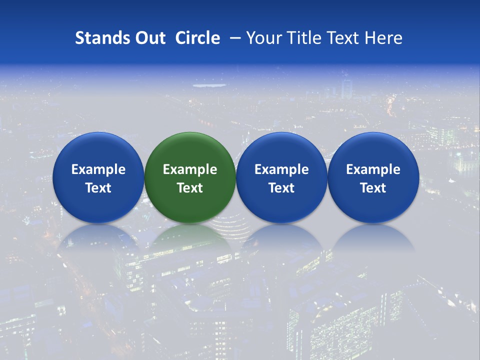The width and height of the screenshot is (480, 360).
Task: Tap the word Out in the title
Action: click(x=148, y=38)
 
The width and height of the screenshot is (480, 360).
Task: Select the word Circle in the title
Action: click(x=197, y=38)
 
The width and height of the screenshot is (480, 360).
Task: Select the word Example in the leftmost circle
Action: click(x=98, y=169)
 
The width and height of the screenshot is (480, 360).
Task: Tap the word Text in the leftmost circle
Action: click(x=98, y=188)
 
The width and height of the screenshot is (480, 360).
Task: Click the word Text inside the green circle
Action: click(x=190, y=188)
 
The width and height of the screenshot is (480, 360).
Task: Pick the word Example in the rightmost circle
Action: click(x=373, y=169)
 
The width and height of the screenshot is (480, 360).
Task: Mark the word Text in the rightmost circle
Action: click(x=373, y=188)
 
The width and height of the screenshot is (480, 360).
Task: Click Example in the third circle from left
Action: click(x=281, y=169)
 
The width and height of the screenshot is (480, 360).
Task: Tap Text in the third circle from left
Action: click(x=281, y=188)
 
